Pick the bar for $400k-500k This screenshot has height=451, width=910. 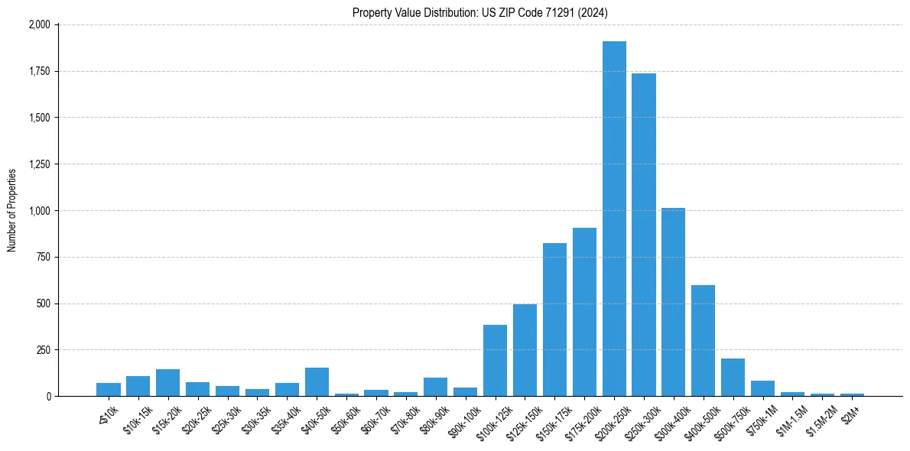tap(703, 340)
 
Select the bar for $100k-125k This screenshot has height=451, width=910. tap(495, 360)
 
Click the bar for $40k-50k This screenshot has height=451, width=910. tap(317, 381)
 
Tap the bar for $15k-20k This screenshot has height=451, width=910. tap(167, 382)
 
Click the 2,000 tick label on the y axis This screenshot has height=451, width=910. tap(39, 25)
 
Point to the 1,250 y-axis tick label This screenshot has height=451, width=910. tap(39, 164)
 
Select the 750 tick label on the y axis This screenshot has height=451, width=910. tap(43, 258)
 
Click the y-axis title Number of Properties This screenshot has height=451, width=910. tap(12, 210)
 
